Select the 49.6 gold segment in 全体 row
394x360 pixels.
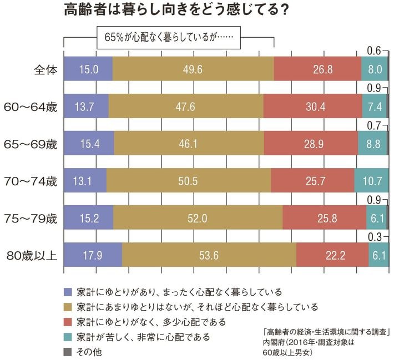193,69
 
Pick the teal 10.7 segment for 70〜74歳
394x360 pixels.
371,181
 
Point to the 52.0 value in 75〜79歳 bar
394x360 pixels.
198,218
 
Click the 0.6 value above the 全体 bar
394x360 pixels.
374,52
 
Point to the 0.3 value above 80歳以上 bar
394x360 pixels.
374,237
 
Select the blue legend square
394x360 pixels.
68,291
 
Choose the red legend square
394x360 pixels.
68,321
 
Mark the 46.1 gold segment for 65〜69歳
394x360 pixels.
189,143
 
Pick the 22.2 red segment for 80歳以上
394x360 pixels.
332,256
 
